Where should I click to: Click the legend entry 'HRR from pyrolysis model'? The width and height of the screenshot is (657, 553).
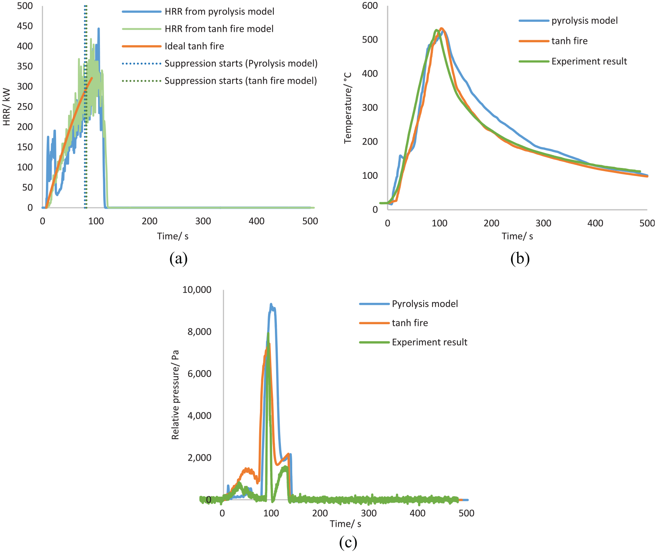click(219, 12)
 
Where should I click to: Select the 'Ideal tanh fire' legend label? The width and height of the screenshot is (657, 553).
click(194, 46)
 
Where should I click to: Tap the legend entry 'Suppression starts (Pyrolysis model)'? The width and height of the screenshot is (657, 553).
click(241, 64)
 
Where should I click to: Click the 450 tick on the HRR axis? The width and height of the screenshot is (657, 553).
click(25, 26)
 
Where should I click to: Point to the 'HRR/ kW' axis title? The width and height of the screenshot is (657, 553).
click(6, 107)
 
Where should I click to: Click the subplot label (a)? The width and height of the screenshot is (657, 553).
click(179, 258)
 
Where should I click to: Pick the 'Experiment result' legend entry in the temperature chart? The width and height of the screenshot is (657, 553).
click(589, 61)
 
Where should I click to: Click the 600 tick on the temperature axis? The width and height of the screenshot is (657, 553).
click(370, 6)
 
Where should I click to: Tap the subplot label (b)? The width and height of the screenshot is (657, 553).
click(520, 258)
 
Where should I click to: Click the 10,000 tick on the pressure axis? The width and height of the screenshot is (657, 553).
click(197, 290)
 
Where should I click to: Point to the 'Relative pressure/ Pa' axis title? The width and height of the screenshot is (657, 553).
click(175, 395)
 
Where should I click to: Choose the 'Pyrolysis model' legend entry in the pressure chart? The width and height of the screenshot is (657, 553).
click(425, 304)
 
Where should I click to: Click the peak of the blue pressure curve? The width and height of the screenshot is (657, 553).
click(271, 304)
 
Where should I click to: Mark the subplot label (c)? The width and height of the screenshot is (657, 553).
click(348, 543)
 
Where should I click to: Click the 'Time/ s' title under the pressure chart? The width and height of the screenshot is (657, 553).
click(345, 524)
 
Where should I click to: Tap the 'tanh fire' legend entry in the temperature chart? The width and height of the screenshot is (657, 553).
click(570, 41)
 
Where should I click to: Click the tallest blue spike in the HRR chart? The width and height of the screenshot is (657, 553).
click(98, 29)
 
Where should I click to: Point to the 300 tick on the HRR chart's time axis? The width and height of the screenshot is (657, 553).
click(203, 221)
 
